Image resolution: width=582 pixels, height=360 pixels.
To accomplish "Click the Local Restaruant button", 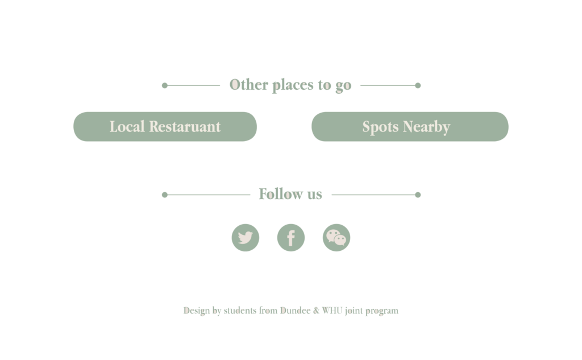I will (x=165, y=126).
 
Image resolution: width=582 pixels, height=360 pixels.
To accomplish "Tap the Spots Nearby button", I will (x=409, y=126).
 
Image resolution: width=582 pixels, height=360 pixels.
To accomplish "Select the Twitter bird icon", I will (x=246, y=238).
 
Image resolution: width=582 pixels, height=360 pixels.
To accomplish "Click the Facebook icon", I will (x=291, y=238).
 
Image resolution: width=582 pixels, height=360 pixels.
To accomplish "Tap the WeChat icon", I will (x=336, y=238).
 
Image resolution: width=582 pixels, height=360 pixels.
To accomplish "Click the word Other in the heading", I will (x=248, y=85).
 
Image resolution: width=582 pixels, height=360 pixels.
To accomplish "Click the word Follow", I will (x=280, y=194).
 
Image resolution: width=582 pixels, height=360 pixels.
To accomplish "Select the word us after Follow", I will (x=314, y=195).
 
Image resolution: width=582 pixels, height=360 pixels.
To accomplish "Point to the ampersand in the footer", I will (x=315, y=311).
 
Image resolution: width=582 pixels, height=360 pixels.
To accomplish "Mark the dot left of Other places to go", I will (x=165, y=85).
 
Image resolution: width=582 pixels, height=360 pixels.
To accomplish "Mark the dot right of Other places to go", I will (x=418, y=85).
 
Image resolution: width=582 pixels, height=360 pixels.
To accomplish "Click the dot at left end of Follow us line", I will (x=165, y=195).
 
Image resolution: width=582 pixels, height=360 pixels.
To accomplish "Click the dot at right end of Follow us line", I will (x=418, y=195).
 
